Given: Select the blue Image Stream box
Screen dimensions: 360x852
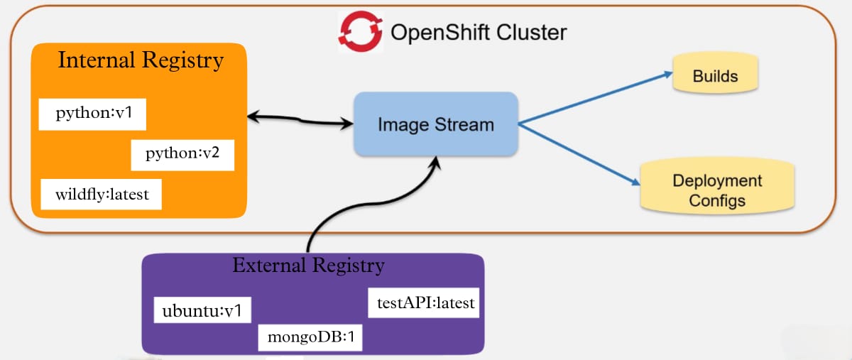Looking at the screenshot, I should point(435,124).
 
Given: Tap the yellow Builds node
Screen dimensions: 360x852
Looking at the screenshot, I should point(715,75).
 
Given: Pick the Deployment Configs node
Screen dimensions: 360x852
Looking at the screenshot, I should point(717,190).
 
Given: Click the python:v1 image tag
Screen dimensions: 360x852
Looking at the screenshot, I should point(92,115).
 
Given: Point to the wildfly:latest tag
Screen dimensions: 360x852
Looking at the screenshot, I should point(101,195).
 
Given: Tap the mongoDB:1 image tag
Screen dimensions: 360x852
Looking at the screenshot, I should point(310,337).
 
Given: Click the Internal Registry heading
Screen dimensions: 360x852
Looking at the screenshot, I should point(141,60).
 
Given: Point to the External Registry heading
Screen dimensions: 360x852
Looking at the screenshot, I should point(308,266).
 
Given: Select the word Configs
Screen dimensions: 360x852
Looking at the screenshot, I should point(717,200).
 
